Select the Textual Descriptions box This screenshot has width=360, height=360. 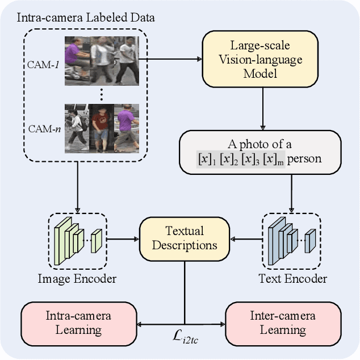185,238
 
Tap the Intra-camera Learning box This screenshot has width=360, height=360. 79,323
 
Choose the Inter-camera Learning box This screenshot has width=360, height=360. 283,323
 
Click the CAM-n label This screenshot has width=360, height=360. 45,128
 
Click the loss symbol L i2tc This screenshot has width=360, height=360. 185,337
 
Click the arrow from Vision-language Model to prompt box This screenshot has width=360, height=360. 262,108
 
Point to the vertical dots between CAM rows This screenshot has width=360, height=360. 101,94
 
